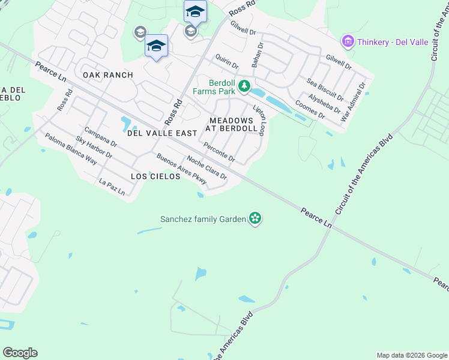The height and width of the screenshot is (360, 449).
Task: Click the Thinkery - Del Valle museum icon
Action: point(348,41)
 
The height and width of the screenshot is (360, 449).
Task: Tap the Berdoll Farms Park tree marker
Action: point(244,87)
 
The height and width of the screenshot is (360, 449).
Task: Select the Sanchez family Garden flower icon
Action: point(255,218)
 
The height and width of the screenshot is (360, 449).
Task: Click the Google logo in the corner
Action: point(20,353)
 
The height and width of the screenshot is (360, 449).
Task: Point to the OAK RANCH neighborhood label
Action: point(107,75)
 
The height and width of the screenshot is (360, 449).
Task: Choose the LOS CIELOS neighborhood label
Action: point(155,176)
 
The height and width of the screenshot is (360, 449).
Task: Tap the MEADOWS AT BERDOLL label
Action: point(232,124)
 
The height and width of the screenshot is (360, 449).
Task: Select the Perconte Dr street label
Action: point(219,152)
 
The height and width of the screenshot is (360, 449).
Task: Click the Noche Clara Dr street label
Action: point(206,167)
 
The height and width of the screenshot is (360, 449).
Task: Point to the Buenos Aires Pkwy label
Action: point(181,169)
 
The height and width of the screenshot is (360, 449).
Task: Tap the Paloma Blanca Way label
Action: point(71,148)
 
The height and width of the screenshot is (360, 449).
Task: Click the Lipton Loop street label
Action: point(259,121)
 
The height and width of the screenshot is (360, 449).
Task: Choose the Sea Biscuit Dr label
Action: point(325,89)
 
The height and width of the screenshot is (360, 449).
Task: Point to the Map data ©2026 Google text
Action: point(412,355)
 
